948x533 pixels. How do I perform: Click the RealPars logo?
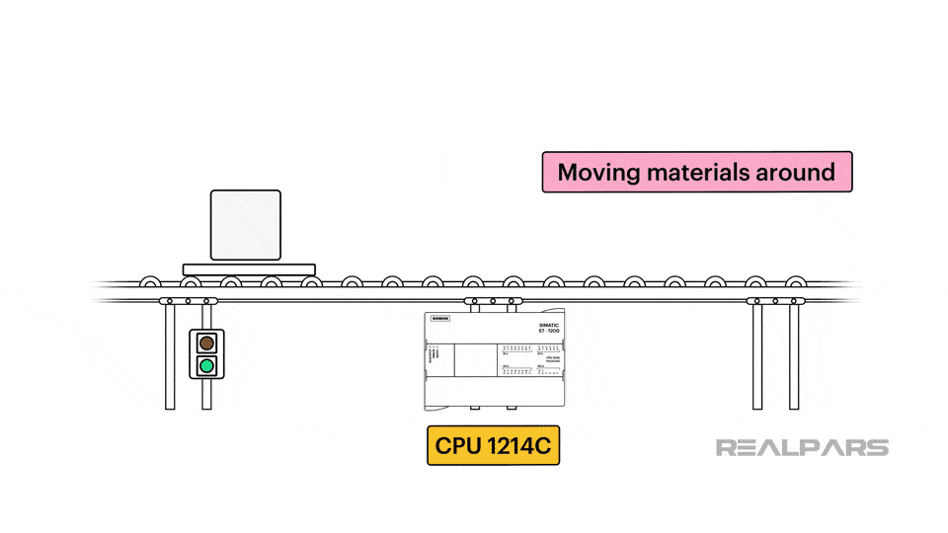click(x=802, y=447)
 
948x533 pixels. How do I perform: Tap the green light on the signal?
click(x=206, y=366)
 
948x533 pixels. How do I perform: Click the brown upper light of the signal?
click(x=206, y=343)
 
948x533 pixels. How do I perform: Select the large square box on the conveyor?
click(x=246, y=226)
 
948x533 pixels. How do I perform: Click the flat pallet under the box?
click(x=249, y=268)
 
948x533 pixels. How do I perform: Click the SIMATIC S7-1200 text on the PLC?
click(x=549, y=328)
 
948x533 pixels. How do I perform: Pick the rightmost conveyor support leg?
click(x=794, y=355)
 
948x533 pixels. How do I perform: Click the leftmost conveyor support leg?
click(x=170, y=355)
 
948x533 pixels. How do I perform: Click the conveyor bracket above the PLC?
click(x=493, y=300)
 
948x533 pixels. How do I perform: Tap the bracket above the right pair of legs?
click(x=775, y=300)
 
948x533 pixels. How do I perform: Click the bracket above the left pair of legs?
click(x=188, y=300)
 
